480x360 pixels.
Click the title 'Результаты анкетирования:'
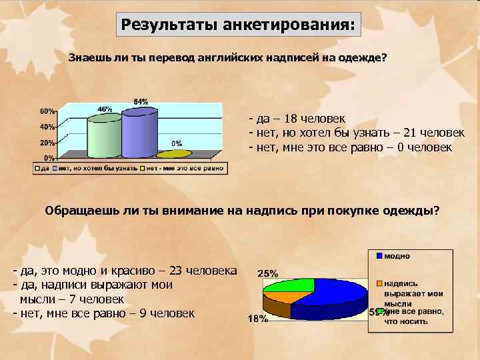coord(238,25)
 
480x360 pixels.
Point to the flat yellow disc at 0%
coord(177,153)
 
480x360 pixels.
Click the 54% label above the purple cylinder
coord(141,102)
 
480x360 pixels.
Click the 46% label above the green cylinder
coord(105,109)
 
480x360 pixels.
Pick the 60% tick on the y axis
coord(47,111)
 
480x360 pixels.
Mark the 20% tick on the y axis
coord(47,143)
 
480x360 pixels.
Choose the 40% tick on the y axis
coord(47,127)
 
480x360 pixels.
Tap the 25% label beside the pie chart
coord(267,273)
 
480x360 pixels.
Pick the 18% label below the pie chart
coord(257,319)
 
